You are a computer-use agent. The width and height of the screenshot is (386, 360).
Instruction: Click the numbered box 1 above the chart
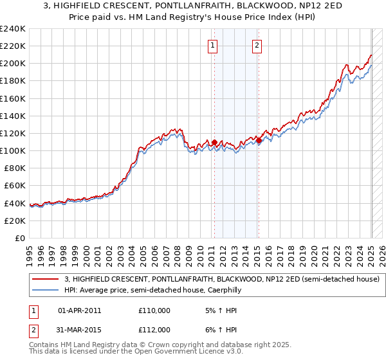(212, 45)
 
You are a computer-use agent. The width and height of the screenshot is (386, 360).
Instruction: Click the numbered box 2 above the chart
(257, 45)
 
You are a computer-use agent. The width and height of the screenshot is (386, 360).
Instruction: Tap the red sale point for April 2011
(214, 142)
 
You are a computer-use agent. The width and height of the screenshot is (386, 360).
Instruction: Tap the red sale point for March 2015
(258, 140)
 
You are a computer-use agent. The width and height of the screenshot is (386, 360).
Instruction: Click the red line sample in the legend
(44, 279)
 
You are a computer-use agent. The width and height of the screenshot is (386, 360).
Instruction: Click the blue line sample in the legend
(44, 290)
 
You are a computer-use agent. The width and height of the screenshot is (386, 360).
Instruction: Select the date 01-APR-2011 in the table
(79, 310)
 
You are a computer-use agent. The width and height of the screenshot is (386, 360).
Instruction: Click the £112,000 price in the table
(154, 330)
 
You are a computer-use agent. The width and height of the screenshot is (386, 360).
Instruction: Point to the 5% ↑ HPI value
(213, 310)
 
